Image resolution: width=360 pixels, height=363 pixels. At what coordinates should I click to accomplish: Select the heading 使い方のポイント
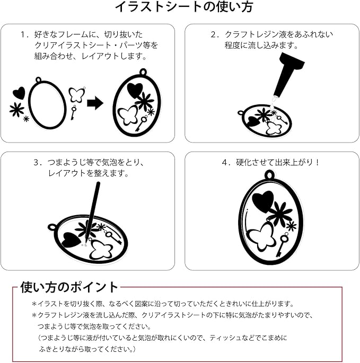(x=69, y=287)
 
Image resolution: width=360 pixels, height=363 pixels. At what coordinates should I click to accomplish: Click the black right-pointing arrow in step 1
(x=95, y=103)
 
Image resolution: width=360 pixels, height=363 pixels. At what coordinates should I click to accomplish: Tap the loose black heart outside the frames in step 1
(x=19, y=93)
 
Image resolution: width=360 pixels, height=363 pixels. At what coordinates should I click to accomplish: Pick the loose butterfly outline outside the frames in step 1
(x=77, y=95)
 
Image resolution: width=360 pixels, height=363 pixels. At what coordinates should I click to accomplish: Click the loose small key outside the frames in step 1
(x=73, y=112)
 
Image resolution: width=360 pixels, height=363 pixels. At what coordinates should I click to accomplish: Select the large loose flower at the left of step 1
(x=17, y=110)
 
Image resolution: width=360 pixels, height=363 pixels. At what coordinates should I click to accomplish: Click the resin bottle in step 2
(x=286, y=74)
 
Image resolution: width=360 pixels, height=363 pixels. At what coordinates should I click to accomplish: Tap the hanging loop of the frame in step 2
(x=241, y=113)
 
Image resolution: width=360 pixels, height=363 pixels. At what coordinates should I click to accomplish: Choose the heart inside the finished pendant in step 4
(x=262, y=201)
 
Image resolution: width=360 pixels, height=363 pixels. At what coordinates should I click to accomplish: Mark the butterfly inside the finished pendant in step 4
(x=261, y=237)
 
